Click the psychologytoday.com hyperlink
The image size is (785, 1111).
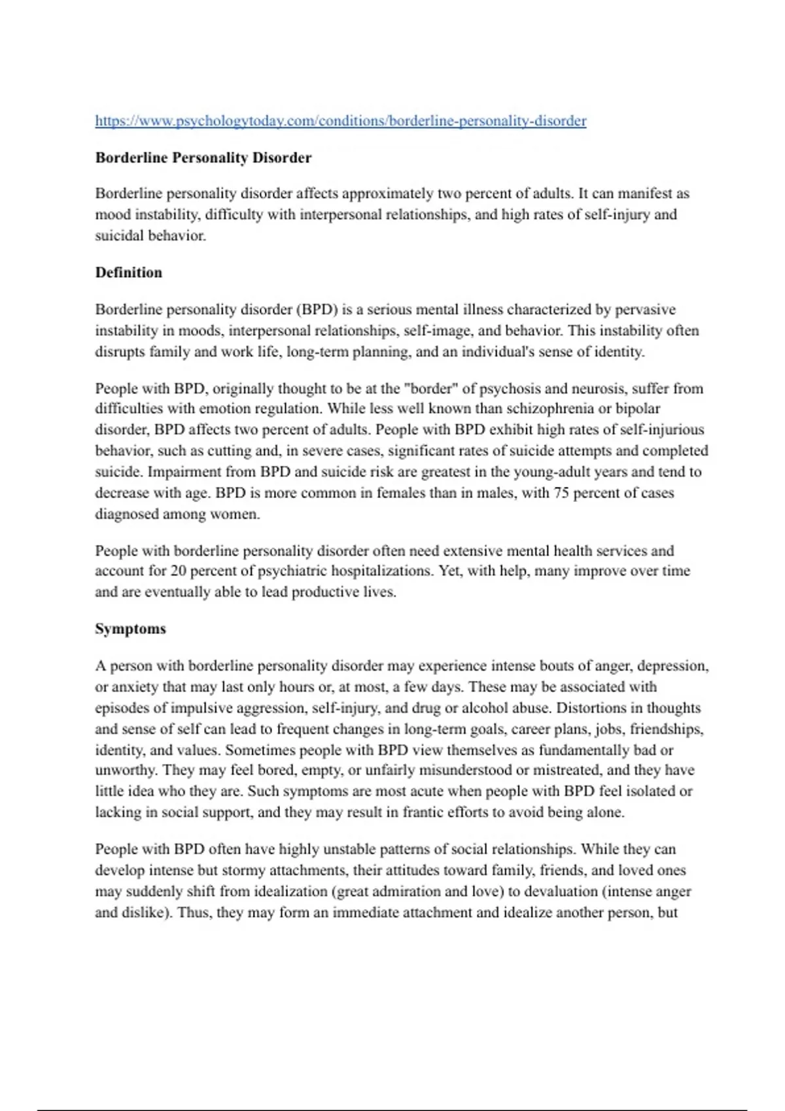[x=340, y=121]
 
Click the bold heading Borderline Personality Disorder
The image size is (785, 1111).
[x=203, y=158]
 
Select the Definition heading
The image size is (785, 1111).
[x=128, y=273]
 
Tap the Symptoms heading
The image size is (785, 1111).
[x=130, y=629]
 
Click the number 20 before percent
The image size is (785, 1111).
[x=179, y=571]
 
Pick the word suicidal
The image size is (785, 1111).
[x=120, y=236]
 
